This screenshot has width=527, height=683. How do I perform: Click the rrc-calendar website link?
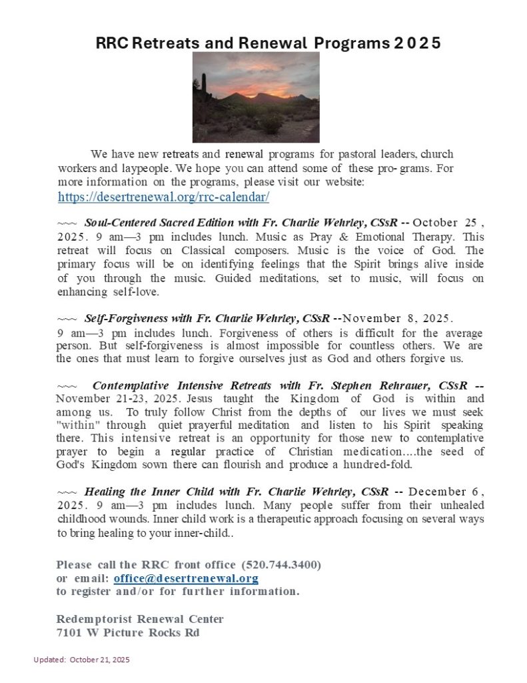(x=163, y=197)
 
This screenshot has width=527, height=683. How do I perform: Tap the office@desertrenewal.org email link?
(x=186, y=578)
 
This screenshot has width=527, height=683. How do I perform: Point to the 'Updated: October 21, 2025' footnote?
(x=82, y=660)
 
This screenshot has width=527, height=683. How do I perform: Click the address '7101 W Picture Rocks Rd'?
(x=128, y=632)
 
